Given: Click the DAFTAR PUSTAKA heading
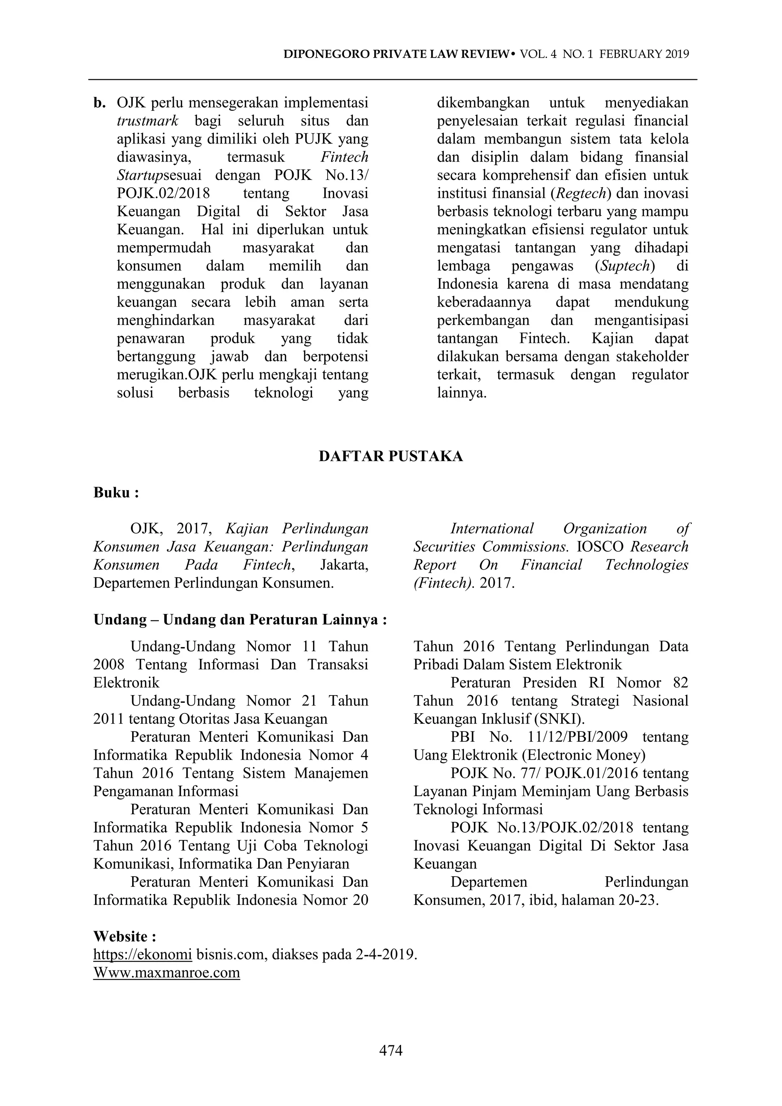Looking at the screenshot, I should (391, 456).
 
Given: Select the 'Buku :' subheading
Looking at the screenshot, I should (116, 493).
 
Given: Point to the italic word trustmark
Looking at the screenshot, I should (148, 121).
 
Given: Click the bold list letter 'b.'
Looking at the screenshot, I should (99, 103).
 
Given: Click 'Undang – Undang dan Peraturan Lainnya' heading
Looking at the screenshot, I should (240, 620).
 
